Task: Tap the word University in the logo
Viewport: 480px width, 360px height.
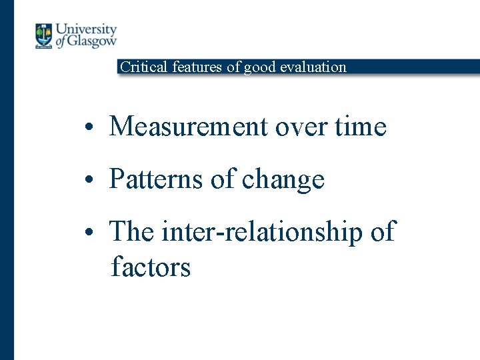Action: (x=85, y=30)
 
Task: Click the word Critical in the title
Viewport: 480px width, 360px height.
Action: (x=143, y=67)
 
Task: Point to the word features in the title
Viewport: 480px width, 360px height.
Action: (x=198, y=67)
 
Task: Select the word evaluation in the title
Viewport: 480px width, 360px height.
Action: (x=313, y=67)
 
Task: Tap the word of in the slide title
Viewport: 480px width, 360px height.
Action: (x=233, y=67)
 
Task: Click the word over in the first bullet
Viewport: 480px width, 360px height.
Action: (x=294, y=126)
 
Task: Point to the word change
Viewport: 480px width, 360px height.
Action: (x=283, y=179)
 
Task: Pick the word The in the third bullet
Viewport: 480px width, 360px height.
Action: (x=131, y=232)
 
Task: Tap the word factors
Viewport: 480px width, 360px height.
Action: (x=151, y=267)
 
